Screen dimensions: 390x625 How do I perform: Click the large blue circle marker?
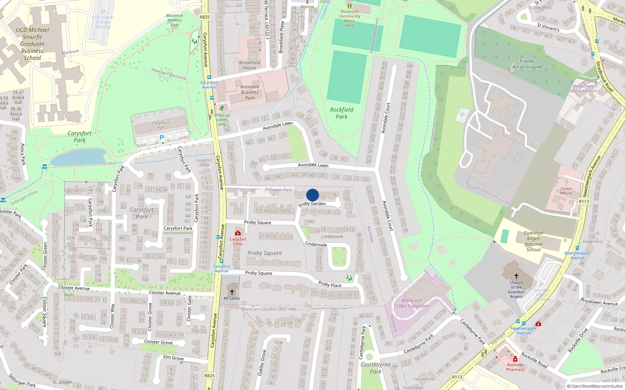(312, 195)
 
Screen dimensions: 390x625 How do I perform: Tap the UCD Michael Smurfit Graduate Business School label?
(32, 44)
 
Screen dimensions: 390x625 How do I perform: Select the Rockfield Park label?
(341, 113)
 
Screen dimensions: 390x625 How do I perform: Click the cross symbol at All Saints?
(232, 292)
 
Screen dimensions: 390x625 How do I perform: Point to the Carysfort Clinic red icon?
(238, 233)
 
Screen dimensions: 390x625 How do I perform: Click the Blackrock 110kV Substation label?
(412, 303)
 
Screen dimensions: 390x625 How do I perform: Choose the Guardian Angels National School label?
(533, 241)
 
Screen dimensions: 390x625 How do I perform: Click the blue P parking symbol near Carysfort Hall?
(162, 138)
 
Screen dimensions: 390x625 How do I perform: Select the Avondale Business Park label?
(250, 92)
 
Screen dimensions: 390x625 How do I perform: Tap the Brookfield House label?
(250, 65)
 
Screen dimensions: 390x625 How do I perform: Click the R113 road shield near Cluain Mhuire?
(584, 201)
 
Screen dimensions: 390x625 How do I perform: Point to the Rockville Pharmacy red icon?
(515, 359)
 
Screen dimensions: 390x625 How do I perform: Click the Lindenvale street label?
(316, 244)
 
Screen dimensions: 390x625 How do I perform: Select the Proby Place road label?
(330, 284)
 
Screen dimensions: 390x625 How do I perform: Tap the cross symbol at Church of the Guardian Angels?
(516, 276)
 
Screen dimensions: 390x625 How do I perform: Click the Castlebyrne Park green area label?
(375, 368)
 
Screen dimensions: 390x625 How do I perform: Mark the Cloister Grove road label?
(158, 342)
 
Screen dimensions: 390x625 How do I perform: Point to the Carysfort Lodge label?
(204, 162)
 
